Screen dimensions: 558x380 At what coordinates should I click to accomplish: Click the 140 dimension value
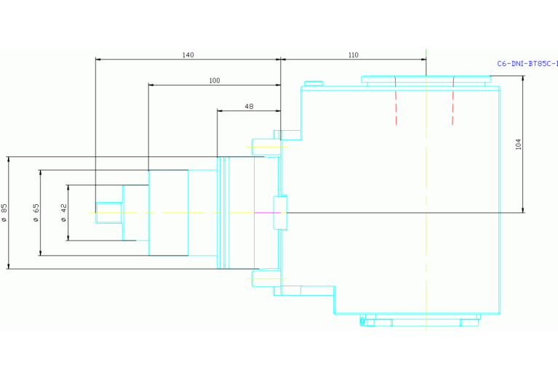188,55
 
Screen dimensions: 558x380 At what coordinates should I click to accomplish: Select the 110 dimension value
353,55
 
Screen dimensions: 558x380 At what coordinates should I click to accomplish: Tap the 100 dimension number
214,81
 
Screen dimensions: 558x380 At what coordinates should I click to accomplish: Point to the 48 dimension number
249,106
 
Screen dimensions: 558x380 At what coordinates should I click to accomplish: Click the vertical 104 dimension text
518,144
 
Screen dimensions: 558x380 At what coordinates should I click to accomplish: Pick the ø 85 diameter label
4,213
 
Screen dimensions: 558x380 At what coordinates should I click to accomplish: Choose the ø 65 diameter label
36,213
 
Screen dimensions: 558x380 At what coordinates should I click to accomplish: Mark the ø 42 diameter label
64,213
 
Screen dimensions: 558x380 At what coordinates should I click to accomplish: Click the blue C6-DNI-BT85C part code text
527,64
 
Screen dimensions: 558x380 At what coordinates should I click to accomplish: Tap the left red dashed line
396,100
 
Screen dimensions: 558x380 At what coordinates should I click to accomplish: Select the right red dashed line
453,100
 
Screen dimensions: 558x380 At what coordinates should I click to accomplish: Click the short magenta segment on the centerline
267,213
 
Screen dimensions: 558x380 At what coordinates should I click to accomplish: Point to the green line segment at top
426,62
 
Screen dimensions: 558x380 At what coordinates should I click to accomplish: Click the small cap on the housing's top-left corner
314,84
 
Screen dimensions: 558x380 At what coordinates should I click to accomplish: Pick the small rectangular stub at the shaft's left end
109,213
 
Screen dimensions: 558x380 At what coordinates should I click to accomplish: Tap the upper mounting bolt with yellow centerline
266,147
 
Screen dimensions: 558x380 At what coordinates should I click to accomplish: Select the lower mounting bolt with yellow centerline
266,278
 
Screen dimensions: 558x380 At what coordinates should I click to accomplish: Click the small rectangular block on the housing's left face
280,213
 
